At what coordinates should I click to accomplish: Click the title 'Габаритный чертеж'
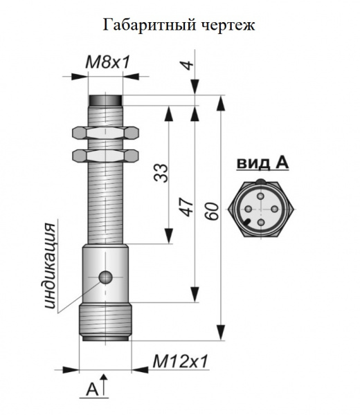[x=179, y=26]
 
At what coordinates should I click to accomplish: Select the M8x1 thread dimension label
[x=108, y=63]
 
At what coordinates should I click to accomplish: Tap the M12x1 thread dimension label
[x=181, y=361]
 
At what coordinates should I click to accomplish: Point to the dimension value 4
[x=188, y=65]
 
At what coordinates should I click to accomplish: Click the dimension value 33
[x=161, y=173]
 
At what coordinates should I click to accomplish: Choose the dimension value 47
[x=188, y=207]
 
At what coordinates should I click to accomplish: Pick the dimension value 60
[x=212, y=211]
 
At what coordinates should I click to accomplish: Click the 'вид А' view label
[x=262, y=163]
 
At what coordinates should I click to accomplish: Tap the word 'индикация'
[x=51, y=266]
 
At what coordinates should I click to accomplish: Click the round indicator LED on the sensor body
[x=106, y=277]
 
